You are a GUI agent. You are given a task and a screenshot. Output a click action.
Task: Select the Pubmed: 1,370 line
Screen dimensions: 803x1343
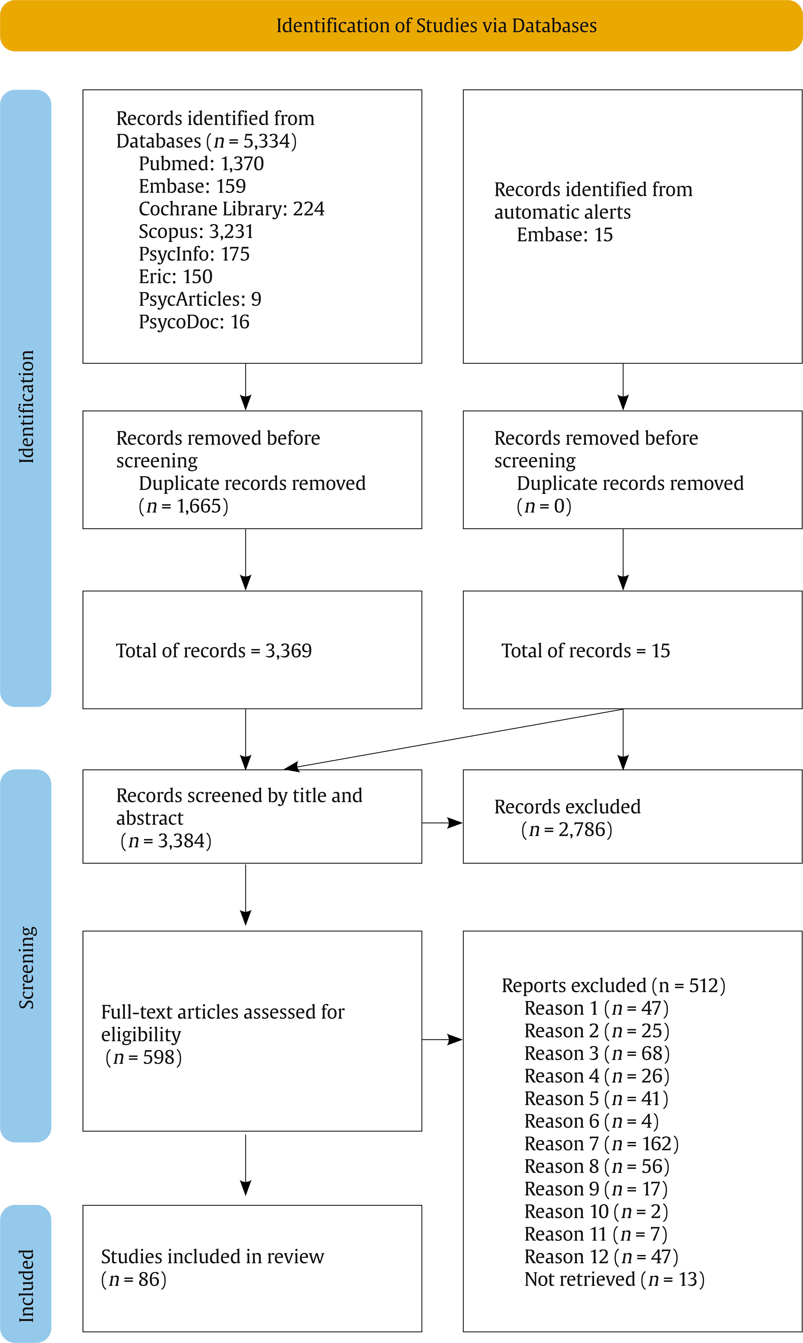click(201, 163)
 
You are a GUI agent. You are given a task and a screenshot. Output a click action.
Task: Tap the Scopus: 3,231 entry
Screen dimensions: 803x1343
click(196, 231)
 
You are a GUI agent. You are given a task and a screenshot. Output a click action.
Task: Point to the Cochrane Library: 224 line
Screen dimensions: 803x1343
click(232, 208)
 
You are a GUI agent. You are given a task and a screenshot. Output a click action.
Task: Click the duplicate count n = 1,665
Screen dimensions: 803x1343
click(184, 506)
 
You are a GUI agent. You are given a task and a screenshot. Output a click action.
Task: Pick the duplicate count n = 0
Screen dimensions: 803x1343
click(544, 506)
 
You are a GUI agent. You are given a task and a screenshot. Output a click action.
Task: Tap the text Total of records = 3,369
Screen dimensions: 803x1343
click(214, 650)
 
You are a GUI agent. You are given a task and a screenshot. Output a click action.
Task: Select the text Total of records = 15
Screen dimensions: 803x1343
click(586, 650)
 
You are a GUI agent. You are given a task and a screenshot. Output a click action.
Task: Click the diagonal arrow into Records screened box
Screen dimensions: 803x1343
click(454, 738)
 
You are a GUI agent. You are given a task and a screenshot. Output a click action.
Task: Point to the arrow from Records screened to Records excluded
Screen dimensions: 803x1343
click(442, 823)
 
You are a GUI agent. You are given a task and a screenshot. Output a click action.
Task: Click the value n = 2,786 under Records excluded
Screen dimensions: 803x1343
click(567, 829)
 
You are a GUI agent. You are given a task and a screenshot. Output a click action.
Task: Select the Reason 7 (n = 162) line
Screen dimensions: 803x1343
click(601, 1144)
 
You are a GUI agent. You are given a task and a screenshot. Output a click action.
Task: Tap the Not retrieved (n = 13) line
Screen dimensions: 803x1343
click(614, 1279)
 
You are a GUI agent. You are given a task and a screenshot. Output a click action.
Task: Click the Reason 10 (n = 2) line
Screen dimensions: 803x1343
click(596, 1212)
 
